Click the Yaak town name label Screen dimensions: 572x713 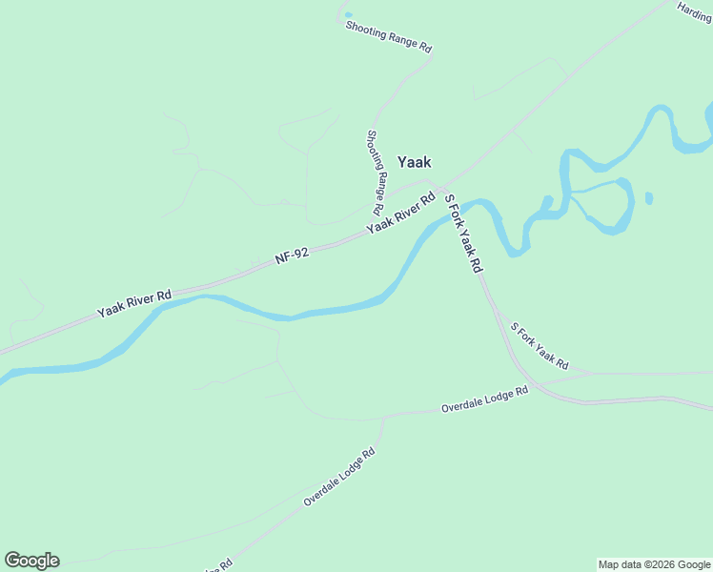414,162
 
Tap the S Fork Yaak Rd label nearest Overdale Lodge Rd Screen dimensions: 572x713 539,346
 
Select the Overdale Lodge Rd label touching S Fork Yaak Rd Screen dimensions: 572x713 484,399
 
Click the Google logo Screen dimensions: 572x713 31,561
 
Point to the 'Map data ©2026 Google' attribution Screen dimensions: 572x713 654,564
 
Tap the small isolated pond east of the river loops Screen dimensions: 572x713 648,198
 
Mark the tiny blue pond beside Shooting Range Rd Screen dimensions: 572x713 347,14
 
